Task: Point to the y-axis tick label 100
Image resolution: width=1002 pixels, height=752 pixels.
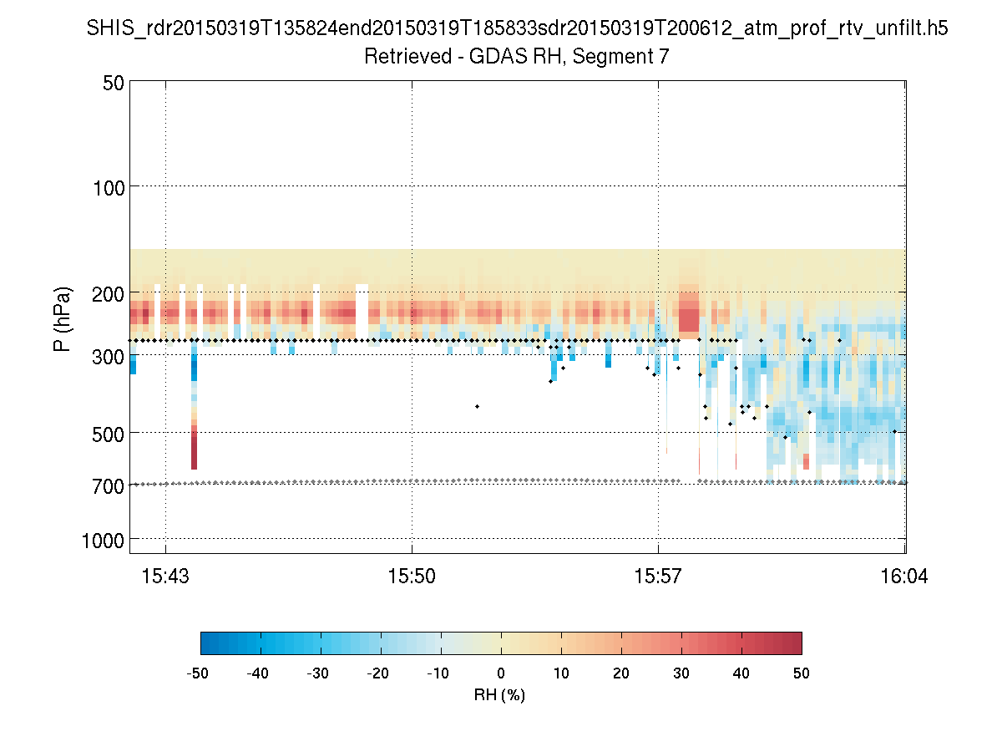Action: pyautogui.click(x=108, y=186)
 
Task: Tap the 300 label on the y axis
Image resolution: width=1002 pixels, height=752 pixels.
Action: pyautogui.click(x=108, y=357)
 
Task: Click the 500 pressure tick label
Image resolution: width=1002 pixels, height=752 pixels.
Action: pyautogui.click(x=108, y=434)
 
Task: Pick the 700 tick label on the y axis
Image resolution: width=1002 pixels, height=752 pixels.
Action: pyautogui.click(x=108, y=485)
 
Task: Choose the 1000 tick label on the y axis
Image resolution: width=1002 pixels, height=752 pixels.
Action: pyautogui.click(x=103, y=540)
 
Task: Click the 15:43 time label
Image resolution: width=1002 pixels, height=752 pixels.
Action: pyautogui.click(x=165, y=576)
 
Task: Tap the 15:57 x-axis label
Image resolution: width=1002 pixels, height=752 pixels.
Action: pyautogui.click(x=658, y=576)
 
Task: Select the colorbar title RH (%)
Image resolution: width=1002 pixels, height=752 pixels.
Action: pyautogui.click(x=499, y=694)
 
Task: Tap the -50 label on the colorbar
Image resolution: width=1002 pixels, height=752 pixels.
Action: pyautogui.click(x=198, y=673)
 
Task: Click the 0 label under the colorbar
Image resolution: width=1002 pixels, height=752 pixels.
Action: pyautogui.click(x=501, y=673)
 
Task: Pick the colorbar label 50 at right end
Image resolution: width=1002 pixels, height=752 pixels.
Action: pyautogui.click(x=802, y=673)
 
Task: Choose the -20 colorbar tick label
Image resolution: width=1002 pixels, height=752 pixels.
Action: pyautogui.click(x=378, y=673)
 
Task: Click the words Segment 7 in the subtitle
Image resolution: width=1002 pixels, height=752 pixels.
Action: pyautogui.click(x=630, y=57)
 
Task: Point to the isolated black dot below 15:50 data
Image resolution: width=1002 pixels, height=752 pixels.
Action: pyautogui.click(x=477, y=406)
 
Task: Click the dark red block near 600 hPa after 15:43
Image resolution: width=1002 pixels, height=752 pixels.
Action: pyautogui.click(x=194, y=456)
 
